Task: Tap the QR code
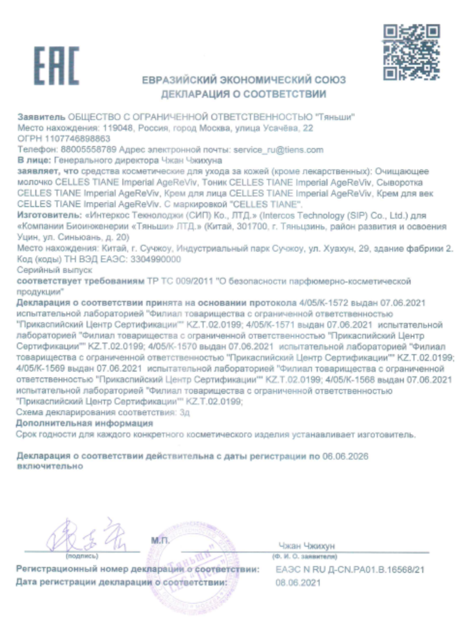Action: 411,52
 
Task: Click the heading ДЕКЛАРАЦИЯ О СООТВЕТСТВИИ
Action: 243,94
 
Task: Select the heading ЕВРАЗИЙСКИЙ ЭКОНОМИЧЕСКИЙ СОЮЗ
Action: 244,80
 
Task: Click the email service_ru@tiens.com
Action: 278,150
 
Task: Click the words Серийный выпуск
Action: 54,270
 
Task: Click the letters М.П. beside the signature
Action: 160,540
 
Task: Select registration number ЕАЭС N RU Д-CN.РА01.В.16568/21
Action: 350,569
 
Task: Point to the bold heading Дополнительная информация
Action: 84,423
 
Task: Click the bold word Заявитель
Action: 41,117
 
